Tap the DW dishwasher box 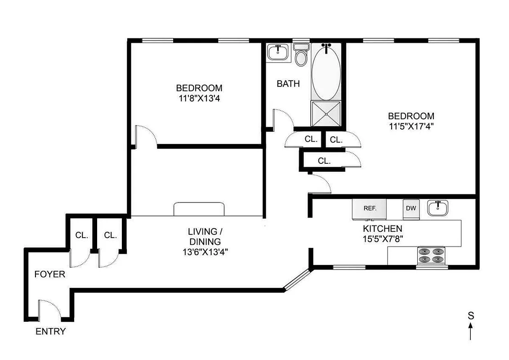pyautogui.click(x=411, y=208)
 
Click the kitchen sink pyautogui.click(x=437, y=208)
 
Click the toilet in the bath pyautogui.click(x=301, y=55)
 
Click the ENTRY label pyautogui.click(x=51, y=332)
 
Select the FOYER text pyautogui.click(x=50, y=274)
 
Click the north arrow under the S pyautogui.click(x=471, y=332)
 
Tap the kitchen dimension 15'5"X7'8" pyautogui.click(x=383, y=238)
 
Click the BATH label pyautogui.click(x=288, y=84)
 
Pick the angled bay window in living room pyautogui.click(x=297, y=279)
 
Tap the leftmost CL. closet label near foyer pyautogui.click(x=81, y=235)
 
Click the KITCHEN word pyautogui.click(x=383, y=229)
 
